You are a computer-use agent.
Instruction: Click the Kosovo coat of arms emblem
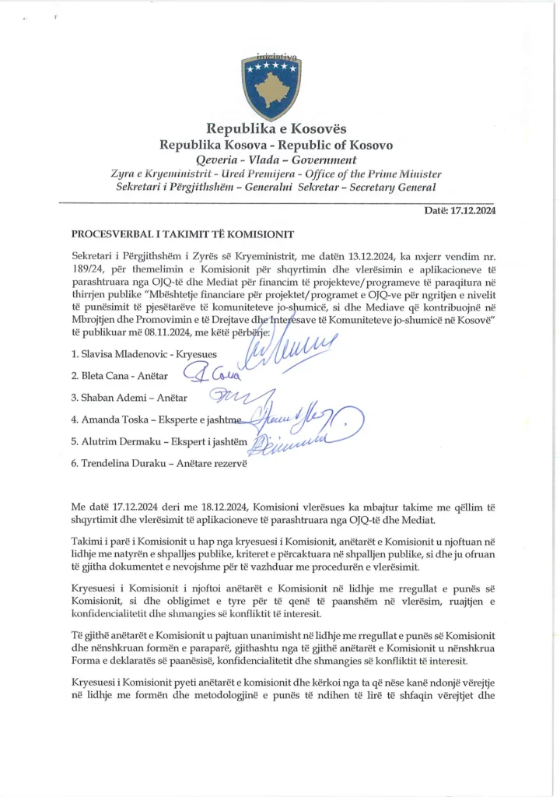click(271, 86)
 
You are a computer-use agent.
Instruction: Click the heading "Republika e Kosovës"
click(276, 128)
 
